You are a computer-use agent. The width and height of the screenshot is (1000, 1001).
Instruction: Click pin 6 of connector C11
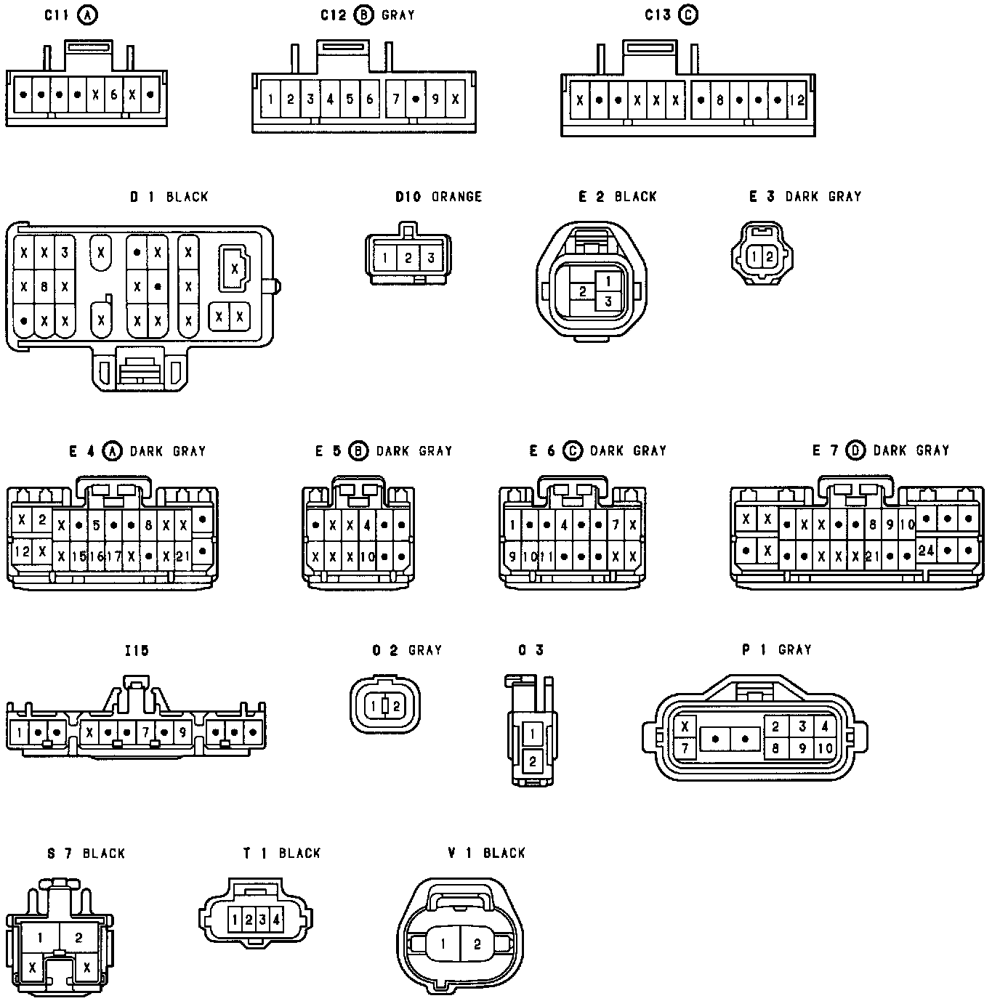pos(113,94)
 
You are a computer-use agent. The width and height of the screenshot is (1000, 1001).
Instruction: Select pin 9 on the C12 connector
pos(435,99)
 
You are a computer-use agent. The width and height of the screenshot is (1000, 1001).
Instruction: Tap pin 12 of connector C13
pos(797,100)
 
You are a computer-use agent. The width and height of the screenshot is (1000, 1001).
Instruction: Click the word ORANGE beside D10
pos(456,197)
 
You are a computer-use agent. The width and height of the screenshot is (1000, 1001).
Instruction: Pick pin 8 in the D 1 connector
pos(44,287)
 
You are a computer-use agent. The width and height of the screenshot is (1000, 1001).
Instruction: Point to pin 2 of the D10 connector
pos(408,258)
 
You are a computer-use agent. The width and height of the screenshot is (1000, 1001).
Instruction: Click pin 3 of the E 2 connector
pos(608,301)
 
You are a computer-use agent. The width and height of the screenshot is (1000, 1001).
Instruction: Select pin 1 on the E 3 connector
pos(755,256)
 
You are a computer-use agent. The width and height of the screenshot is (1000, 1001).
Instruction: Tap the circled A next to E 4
pos(112,451)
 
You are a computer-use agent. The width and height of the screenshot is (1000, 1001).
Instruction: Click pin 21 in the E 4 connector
pos(182,556)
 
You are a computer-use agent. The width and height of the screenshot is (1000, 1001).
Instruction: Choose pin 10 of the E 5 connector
pos(367,557)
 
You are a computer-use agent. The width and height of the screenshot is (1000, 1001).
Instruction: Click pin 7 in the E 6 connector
pos(616,524)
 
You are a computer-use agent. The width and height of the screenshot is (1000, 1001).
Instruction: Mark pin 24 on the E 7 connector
pos(926,551)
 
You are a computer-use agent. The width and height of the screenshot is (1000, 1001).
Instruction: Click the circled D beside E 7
pos(856,451)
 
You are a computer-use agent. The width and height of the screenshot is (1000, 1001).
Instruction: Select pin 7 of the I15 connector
pos(146,732)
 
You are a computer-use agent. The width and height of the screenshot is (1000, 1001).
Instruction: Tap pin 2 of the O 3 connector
pos(533,761)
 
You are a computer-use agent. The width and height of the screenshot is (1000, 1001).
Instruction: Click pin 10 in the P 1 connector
pos(824,748)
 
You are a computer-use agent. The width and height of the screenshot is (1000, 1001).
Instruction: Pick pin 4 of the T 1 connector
pos(276,920)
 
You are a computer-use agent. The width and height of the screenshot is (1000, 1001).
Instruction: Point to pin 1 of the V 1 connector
pos(443,944)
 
